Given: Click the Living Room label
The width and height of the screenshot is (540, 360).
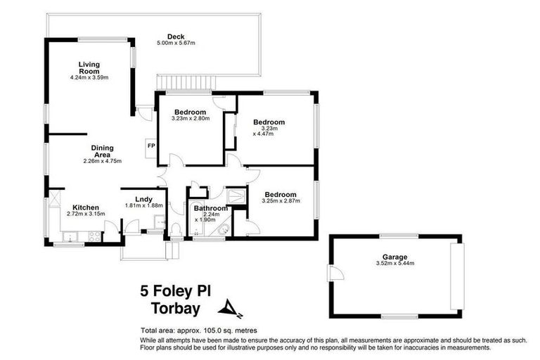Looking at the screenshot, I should [x=89, y=67].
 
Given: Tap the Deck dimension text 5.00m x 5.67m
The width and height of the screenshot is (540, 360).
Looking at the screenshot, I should [x=175, y=44].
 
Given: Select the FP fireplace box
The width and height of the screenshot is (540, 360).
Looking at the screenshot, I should [x=150, y=146].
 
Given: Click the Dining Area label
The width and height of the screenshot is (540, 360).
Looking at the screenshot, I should [x=103, y=151].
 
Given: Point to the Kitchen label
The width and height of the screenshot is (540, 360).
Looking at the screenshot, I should [x=79, y=207].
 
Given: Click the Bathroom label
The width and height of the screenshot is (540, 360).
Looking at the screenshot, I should [x=211, y=209].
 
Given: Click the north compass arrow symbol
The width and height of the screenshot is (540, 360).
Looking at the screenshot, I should [x=229, y=307].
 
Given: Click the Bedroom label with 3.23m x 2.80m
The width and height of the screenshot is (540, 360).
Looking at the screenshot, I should [x=190, y=112].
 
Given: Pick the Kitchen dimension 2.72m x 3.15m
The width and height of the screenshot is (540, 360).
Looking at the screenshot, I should [x=86, y=214].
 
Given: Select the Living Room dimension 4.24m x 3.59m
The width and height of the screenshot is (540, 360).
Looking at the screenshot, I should [x=90, y=77].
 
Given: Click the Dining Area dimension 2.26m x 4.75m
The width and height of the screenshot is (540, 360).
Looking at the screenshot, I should [x=103, y=161].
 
